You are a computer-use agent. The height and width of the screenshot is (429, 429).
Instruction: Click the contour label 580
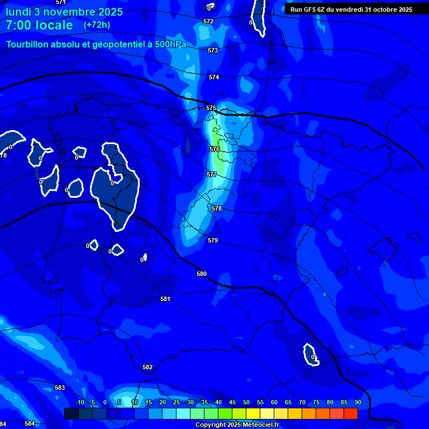click(x=202, y=274)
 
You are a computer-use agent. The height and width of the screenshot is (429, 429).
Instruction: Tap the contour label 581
click(x=165, y=299)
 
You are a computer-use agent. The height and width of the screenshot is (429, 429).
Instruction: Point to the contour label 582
click(x=147, y=367)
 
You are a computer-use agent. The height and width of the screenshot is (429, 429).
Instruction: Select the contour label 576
click(x=214, y=149)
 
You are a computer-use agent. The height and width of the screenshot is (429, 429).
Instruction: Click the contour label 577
click(x=212, y=174)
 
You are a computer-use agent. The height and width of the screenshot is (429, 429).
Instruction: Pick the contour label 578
click(x=217, y=208)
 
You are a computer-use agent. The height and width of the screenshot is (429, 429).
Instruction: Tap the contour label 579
click(x=213, y=240)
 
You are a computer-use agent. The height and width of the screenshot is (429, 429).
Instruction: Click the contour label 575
click(x=211, y=108)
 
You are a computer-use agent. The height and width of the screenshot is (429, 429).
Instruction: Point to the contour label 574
click(x=214, y=77)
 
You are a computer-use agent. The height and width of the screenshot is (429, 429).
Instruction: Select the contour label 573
click(x=213, y=50)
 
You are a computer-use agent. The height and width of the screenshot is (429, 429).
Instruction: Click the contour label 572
click(x=208, y=21)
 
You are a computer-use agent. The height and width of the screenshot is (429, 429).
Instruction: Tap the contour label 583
click(x=60, y=388)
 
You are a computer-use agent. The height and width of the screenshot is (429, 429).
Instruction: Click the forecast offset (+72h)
click(x=97, y=25)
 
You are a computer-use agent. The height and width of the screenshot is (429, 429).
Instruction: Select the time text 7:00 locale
click(x=39, y=25)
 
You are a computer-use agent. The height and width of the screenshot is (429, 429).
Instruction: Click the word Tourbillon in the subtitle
click(x=27, y=44)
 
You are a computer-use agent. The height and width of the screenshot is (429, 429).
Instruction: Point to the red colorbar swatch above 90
click(x=350, y=413)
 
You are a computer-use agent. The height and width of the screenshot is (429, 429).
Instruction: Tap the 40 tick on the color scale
click(x=218, y=402)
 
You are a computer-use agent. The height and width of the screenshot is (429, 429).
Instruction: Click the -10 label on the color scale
click(x=79, y=402)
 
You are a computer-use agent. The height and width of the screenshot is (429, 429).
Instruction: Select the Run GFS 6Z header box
click(x=351, y=9)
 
